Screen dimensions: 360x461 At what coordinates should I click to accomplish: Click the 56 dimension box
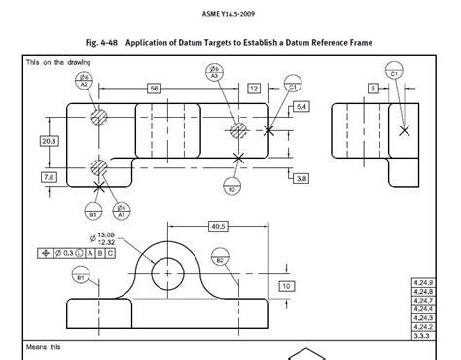click(x=154, y=89)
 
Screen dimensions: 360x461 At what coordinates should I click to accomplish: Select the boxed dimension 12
click(x=253, y=89)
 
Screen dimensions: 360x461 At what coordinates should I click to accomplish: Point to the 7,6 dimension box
click(x=47, y=177)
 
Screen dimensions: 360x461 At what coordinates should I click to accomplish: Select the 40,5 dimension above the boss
click(x=217, y=226)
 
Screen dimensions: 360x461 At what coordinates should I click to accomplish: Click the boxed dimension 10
click(x=287, y=287)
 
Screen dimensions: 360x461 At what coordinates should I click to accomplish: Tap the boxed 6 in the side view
click(x=372, y=89)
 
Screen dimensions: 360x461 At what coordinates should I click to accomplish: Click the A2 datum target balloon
click(x=86, y=81)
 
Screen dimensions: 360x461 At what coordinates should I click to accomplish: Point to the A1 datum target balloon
click(x=124, y=208)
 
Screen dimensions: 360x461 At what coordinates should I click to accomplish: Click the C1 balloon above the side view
click(x=395, y=71)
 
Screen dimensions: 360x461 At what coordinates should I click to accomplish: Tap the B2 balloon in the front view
click(x=221, y=260)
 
